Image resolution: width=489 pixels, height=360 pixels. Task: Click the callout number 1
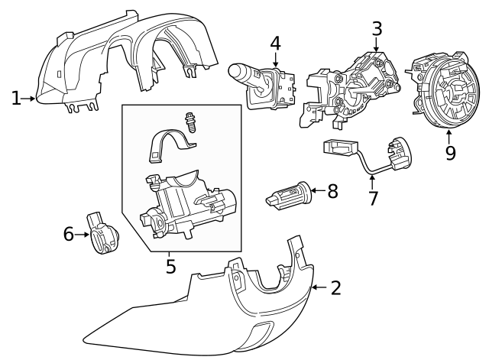[16, 98]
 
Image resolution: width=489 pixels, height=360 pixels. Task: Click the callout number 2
[335, 287]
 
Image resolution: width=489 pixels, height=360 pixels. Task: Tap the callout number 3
[376, 29]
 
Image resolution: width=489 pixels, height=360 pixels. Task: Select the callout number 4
[275, 44]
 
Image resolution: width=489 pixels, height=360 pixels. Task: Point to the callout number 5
[170, 266]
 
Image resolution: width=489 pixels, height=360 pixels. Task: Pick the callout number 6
[69, 234]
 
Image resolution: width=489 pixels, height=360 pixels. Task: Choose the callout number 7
[373, 199]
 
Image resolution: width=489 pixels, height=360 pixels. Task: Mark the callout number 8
[332, 190]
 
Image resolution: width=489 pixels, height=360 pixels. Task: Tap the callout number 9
[450, 153]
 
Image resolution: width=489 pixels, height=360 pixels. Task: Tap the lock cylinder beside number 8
[288, 193]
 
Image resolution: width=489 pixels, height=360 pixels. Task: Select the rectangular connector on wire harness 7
[335, 148]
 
